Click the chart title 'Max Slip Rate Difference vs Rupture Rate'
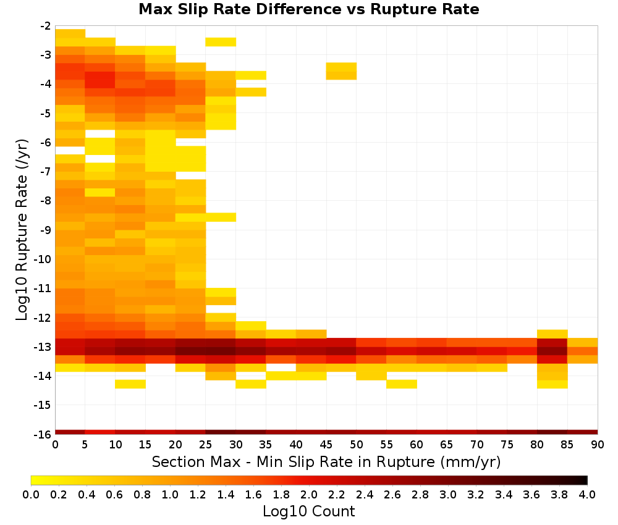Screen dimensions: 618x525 [x=308, y=9]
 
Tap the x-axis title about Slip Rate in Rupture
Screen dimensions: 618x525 [x=326, y=461]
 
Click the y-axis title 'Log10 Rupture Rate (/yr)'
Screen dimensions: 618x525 [x=22, y=230]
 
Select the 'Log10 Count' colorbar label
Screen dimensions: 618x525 [x=308, y=511]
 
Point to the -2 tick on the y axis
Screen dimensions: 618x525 [x=46, y=26]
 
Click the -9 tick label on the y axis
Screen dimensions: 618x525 [x=46, y=230]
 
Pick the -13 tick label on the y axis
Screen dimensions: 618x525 [x=43, y=346]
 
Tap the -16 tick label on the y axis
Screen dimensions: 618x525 [x=43, y=434]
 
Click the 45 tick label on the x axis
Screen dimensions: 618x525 [x=326, y=445]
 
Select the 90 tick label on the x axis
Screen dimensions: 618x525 [x=598, y=445]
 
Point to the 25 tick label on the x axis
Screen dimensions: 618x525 [x=206, y=445]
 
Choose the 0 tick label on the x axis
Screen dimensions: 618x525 [x=55, y=445]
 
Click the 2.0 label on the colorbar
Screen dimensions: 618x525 [x=309, y=494]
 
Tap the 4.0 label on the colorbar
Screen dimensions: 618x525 [x=587, y=494]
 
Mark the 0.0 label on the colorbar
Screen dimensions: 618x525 [x=31, y=494]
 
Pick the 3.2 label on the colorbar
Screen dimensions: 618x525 [x=476, y=494]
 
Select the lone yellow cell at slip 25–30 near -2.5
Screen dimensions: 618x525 [x=221, y=42]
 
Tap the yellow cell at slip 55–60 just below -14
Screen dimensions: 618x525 [x=402, y=384]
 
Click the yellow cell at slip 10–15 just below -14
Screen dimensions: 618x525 [x=130, y=384]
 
